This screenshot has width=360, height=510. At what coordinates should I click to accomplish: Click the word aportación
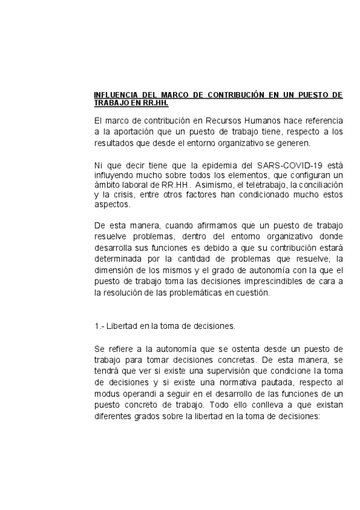(126, 132)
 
